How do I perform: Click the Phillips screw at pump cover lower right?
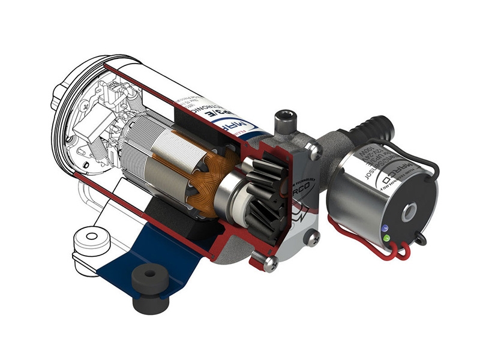pos(311,238)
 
